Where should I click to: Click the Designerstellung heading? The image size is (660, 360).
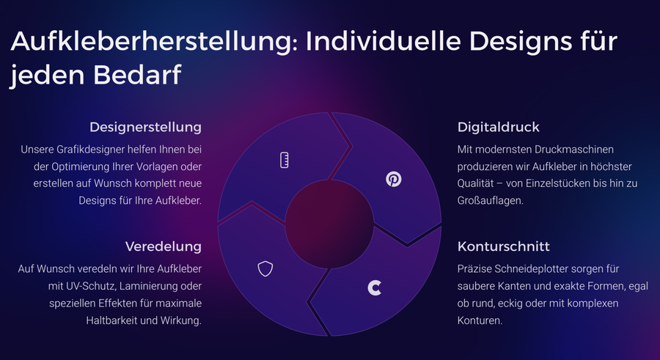(x=145, y=127)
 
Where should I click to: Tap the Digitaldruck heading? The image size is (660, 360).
(x=499, y=127)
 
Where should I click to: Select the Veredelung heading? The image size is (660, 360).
(x=164, y=246)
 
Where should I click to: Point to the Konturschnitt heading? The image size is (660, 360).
(x=503, y=246)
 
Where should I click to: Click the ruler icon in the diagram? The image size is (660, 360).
(x=285, y=160)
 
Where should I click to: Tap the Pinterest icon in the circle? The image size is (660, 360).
(x=394, y=179)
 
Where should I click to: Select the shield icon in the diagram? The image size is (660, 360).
(x=265, y=268)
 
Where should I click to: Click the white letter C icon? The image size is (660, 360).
(x=374, y=288)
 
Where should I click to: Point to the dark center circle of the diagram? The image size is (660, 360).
(x=329, y=224)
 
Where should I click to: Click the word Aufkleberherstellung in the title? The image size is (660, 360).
(x=155, y=41)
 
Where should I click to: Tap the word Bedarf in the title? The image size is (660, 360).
(x=137, y=75)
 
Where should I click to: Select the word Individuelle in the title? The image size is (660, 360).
(x=383, y=41)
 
